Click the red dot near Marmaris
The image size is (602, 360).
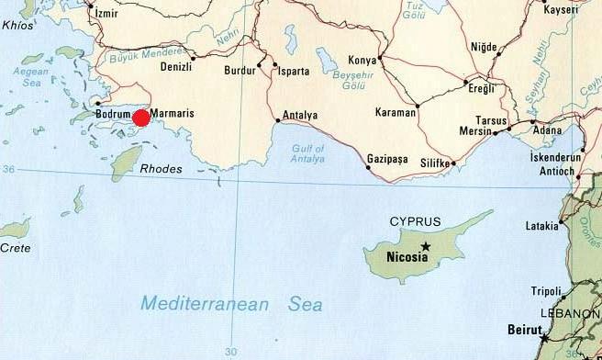(141, 118)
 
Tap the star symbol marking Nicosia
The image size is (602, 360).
(426, 247)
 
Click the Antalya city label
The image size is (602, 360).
(300, 115)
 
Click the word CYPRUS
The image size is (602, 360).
(415, 221)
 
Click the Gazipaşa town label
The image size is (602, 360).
(386, 158)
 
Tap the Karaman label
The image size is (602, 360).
(396, 113)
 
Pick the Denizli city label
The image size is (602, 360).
(175, 68)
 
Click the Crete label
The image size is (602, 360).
(14, 248)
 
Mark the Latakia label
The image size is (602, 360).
(541, 225)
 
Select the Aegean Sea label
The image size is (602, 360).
(36, 76)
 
